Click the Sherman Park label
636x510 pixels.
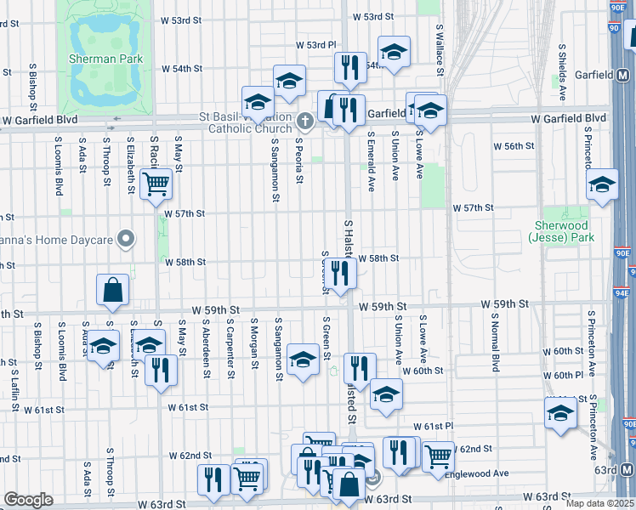105,59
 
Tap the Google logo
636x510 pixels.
27,499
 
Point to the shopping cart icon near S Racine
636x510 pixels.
156,183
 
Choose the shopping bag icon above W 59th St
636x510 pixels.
112,290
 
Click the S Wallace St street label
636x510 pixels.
440,51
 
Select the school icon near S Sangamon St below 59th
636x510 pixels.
303,359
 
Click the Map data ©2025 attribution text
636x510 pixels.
599,503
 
